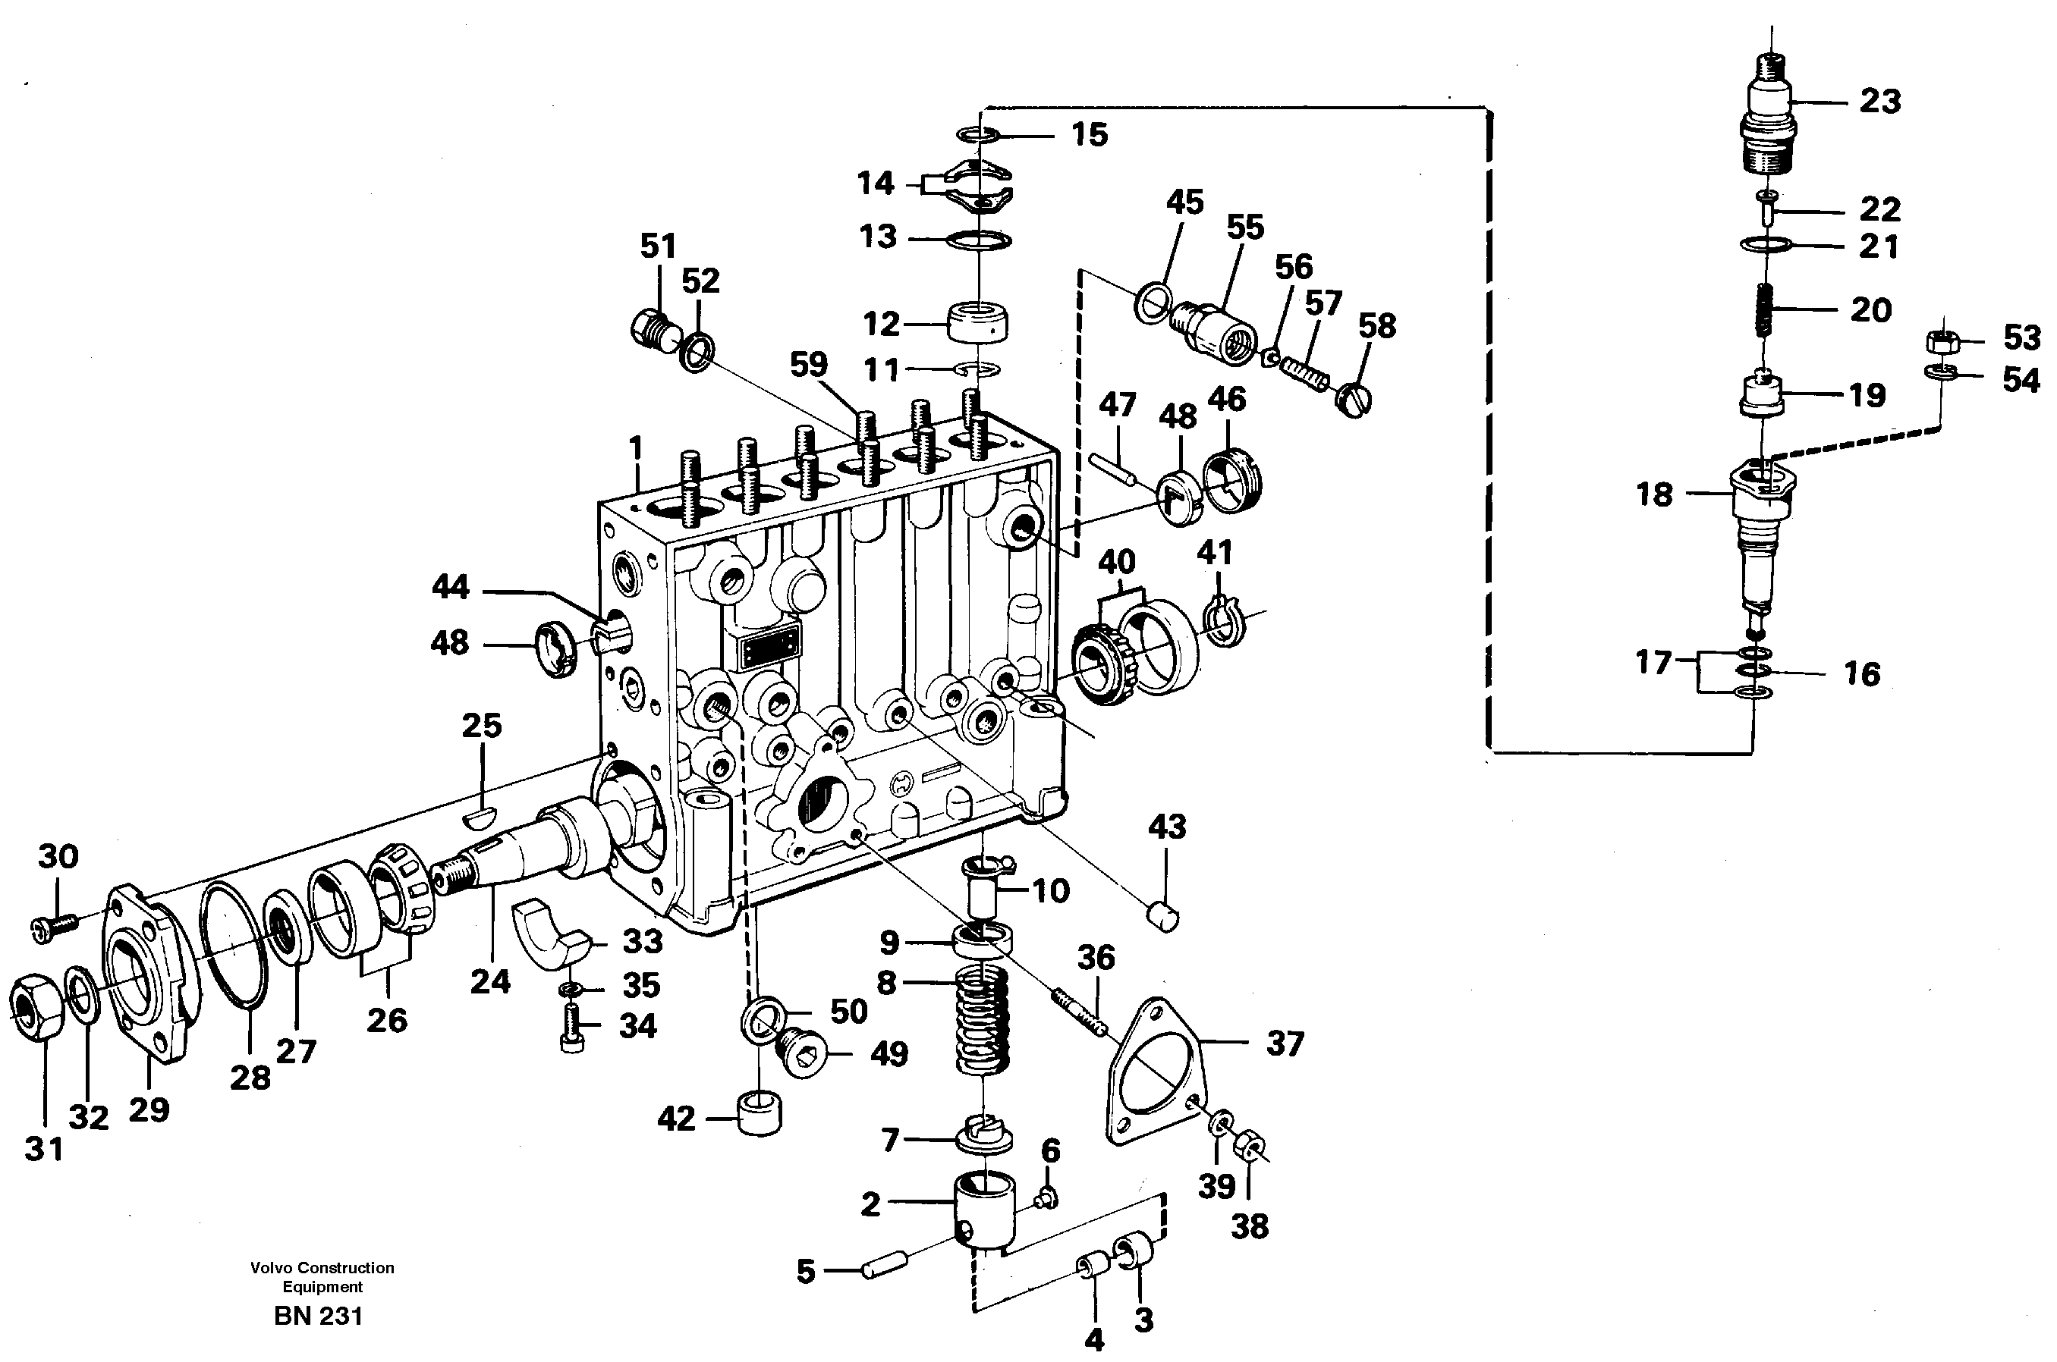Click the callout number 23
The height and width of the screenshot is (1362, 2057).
click(1879, 102)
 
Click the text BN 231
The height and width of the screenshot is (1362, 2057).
click(318, 1316)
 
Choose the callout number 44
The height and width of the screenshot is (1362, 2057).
click(450, 587)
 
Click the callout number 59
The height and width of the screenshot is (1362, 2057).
click(808, 365)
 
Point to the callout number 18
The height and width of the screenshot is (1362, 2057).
click(1654, 494)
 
